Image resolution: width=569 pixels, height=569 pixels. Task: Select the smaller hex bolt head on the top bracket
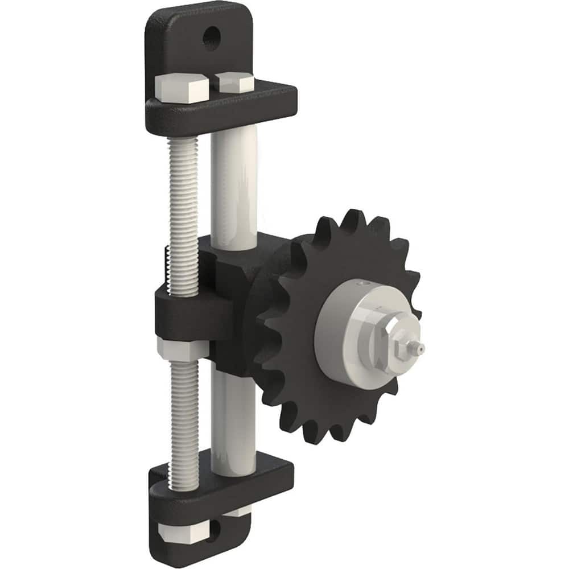[234, 83]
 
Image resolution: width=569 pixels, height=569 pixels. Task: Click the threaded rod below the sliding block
[183, 410]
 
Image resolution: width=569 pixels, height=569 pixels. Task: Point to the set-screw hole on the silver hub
[359, 283]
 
